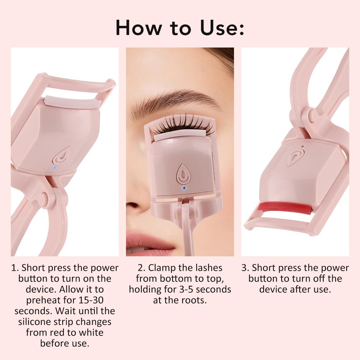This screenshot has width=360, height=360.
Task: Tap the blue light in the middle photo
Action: click(x=184, y=188)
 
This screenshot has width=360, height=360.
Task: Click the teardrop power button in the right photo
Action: click(x=295, y=157)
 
